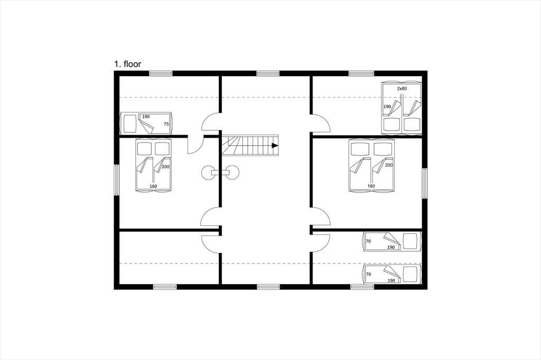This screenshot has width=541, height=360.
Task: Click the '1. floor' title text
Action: point(128,64)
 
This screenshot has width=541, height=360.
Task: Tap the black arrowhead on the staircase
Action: point(275,146)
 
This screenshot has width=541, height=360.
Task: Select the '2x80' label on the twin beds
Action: point(402,89)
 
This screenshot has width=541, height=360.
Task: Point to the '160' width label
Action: point(153,186)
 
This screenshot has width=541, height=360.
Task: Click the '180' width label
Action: point(371,186)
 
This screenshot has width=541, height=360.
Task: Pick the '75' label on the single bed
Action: point(166,124)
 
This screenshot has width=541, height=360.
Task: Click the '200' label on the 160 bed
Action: point(165,167)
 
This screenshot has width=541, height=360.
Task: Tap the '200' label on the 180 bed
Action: point(389,165)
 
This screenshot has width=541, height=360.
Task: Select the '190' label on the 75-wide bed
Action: point(146,117)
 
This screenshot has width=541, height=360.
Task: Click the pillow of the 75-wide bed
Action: point(130,124)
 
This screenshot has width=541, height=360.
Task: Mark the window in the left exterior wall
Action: point(117,180)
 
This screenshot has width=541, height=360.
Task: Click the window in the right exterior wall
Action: point(425,184)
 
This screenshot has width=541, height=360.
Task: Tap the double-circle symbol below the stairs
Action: point(220,173)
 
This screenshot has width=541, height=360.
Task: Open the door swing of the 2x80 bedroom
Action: point(321,123)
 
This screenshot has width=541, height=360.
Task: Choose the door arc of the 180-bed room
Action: point(321,216)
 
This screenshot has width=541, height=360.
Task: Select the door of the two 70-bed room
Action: point(321,243)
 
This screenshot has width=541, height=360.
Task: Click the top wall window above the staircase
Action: point(268,73)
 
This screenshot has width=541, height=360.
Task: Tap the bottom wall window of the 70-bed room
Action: point(362,287)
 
